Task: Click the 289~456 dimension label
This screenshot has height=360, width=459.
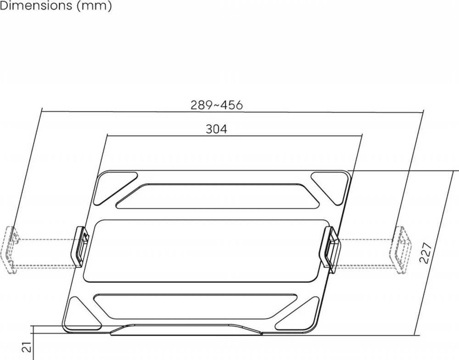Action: tap(217, 105)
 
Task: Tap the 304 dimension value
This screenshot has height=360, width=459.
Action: tap(216, 129)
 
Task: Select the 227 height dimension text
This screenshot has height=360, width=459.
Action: tap(426, 253)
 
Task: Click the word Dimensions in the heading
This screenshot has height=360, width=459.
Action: tap(36, 5)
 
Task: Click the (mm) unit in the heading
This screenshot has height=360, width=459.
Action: tap(94, 6)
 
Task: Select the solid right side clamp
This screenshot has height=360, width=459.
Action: tap(331, 249)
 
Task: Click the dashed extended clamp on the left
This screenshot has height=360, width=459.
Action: tap(9, 250)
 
